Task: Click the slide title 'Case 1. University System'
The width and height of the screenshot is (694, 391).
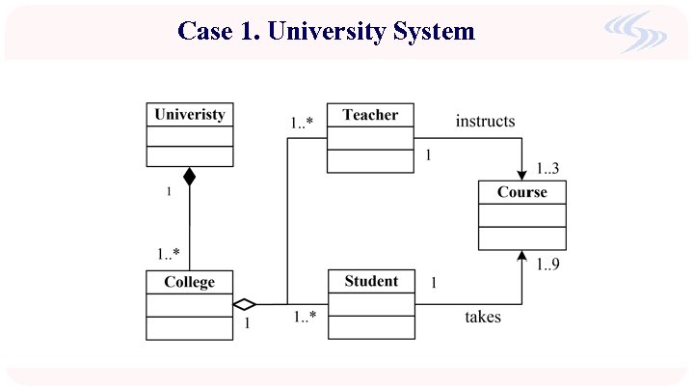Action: (x=326, y=31)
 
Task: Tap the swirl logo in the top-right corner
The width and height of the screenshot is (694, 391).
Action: (x=635, y=32)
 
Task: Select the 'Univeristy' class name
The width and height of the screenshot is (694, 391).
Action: (x=190, y=114)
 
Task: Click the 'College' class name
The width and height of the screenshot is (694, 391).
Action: (x=189, y=282)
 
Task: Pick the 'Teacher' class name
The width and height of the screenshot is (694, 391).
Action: (x=370, y=115)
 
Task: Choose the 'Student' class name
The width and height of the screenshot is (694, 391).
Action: (x=371, y=281)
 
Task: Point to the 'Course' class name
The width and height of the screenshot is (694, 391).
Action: (x=521, y=192)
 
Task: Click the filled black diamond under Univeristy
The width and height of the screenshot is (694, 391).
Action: (x=190, y=177)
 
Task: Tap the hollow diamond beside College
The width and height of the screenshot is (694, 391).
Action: (x=245, y=304)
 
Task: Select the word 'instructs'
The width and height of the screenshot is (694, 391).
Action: (x=485, y=121)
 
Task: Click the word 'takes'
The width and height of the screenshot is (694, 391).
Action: (x=483, y=317)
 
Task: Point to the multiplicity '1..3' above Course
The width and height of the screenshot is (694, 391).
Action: (x=547, y=169)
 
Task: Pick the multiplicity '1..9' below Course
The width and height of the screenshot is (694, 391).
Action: (x=547, y=264)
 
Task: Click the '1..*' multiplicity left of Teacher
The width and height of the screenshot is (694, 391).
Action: (x=303, y=123)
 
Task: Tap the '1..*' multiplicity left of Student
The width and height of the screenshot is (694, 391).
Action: (x=306, y=316)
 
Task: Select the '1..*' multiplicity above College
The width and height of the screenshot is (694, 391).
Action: (x=169, y=254)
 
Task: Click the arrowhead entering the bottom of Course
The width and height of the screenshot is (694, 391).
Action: (x=521, y=257)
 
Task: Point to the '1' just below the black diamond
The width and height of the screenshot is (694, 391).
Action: (x=169, y=192)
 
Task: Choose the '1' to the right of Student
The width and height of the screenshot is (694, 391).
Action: (x=434, y=283)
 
